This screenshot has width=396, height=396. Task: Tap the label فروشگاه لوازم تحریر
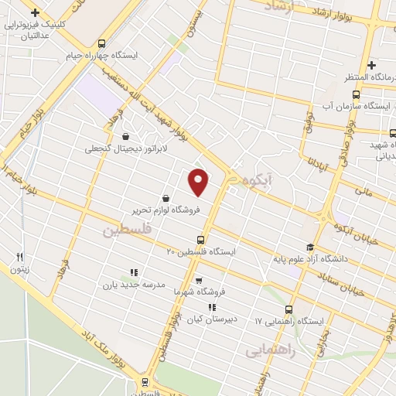(x=166, y=209)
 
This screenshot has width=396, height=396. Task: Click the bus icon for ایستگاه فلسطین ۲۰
(x=201, y=240)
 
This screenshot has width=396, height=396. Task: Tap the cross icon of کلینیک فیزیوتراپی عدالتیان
(x=34, y=12)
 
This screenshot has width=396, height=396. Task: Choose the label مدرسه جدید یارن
(x=135, y=285)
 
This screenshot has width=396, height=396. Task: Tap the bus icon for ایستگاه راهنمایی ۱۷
(x=289, y=309)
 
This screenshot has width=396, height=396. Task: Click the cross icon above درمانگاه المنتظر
(x=371, y=65)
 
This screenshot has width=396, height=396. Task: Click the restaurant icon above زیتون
(x=20, y=257)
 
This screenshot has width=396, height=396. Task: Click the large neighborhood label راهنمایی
(x=271, y=350)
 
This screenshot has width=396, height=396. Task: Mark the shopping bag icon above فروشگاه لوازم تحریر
(x=166, y=198)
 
